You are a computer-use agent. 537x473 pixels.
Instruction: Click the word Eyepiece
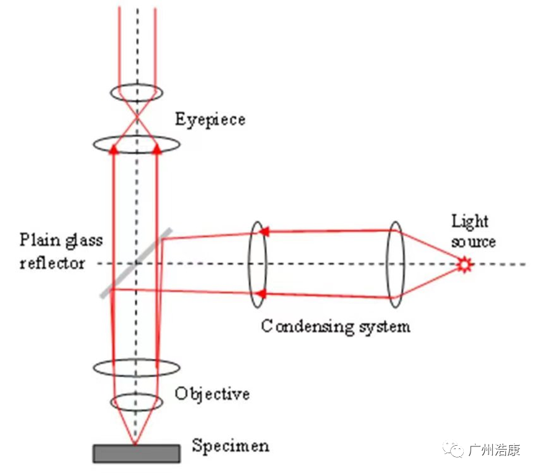click(x=210, y=118)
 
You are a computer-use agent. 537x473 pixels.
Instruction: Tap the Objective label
click(x=212, y=393)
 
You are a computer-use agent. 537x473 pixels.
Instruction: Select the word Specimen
click(x=230, y=445)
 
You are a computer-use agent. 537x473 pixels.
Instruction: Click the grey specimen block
click(x=137, y=453)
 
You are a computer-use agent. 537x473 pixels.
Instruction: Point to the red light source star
click(x=464, y=265)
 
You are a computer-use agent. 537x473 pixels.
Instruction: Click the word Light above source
click(x=470, y=221)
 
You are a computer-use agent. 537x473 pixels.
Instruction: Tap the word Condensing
click(x=300, y=325)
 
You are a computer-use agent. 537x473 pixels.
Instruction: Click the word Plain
click(x=39, y=240)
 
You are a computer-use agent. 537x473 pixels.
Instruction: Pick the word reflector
click(x=51, y=262)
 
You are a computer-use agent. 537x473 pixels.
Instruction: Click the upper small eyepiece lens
click(x=137, y=94)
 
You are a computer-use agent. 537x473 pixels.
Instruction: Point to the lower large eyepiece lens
click(x=137, y=144)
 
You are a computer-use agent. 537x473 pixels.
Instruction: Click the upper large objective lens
click(x=137, y=366)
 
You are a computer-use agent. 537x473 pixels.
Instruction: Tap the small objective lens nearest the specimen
click(x=137, y=402)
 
